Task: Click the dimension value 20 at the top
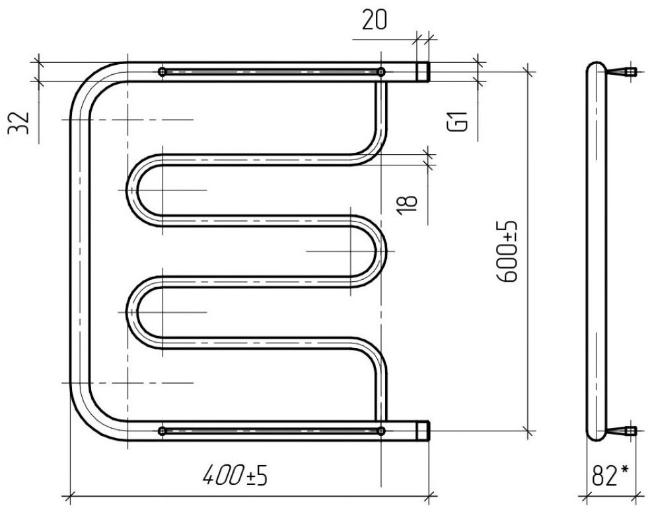pyautogui.click(x=375, y=20)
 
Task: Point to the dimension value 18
pyautogui.click(x=408, y=205)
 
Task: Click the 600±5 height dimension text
pyautogui.click(x=507, y=251)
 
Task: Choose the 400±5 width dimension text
pyautogui.click(x=235, y=475)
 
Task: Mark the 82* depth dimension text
pyautogui.click(x=610, y=475)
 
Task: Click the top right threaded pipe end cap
pyautogui.click(x=423, y=71)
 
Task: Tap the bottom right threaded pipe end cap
pyautogui.click(x=423, y=431)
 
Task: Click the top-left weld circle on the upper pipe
pyautogui.click(x=162, y=71)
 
